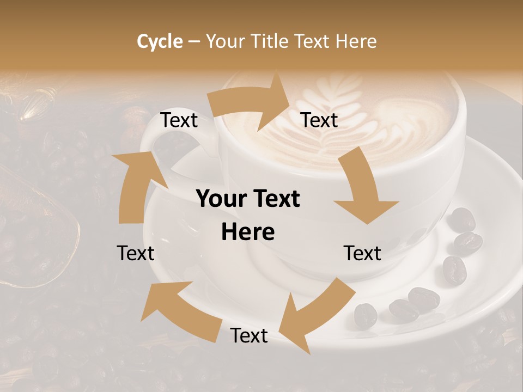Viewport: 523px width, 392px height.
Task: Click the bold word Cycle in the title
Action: (160, 41)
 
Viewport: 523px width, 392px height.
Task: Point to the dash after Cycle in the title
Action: (194, 42)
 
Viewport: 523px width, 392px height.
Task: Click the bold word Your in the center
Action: (221, 199)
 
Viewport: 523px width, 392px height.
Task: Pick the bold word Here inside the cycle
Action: (248, 232)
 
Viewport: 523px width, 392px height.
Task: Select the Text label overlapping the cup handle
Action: (179, 120)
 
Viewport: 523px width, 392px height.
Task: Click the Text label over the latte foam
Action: (320, 120)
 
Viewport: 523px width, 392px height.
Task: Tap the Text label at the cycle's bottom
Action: (249, 336)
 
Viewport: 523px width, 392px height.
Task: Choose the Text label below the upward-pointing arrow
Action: (136, 253)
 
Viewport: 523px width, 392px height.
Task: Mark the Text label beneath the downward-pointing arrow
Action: (362, 253)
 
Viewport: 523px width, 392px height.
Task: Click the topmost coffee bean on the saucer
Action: (463, 219)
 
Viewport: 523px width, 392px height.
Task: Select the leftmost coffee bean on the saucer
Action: (366, 316)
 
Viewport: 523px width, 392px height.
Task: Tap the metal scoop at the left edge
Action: (33, 229)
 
